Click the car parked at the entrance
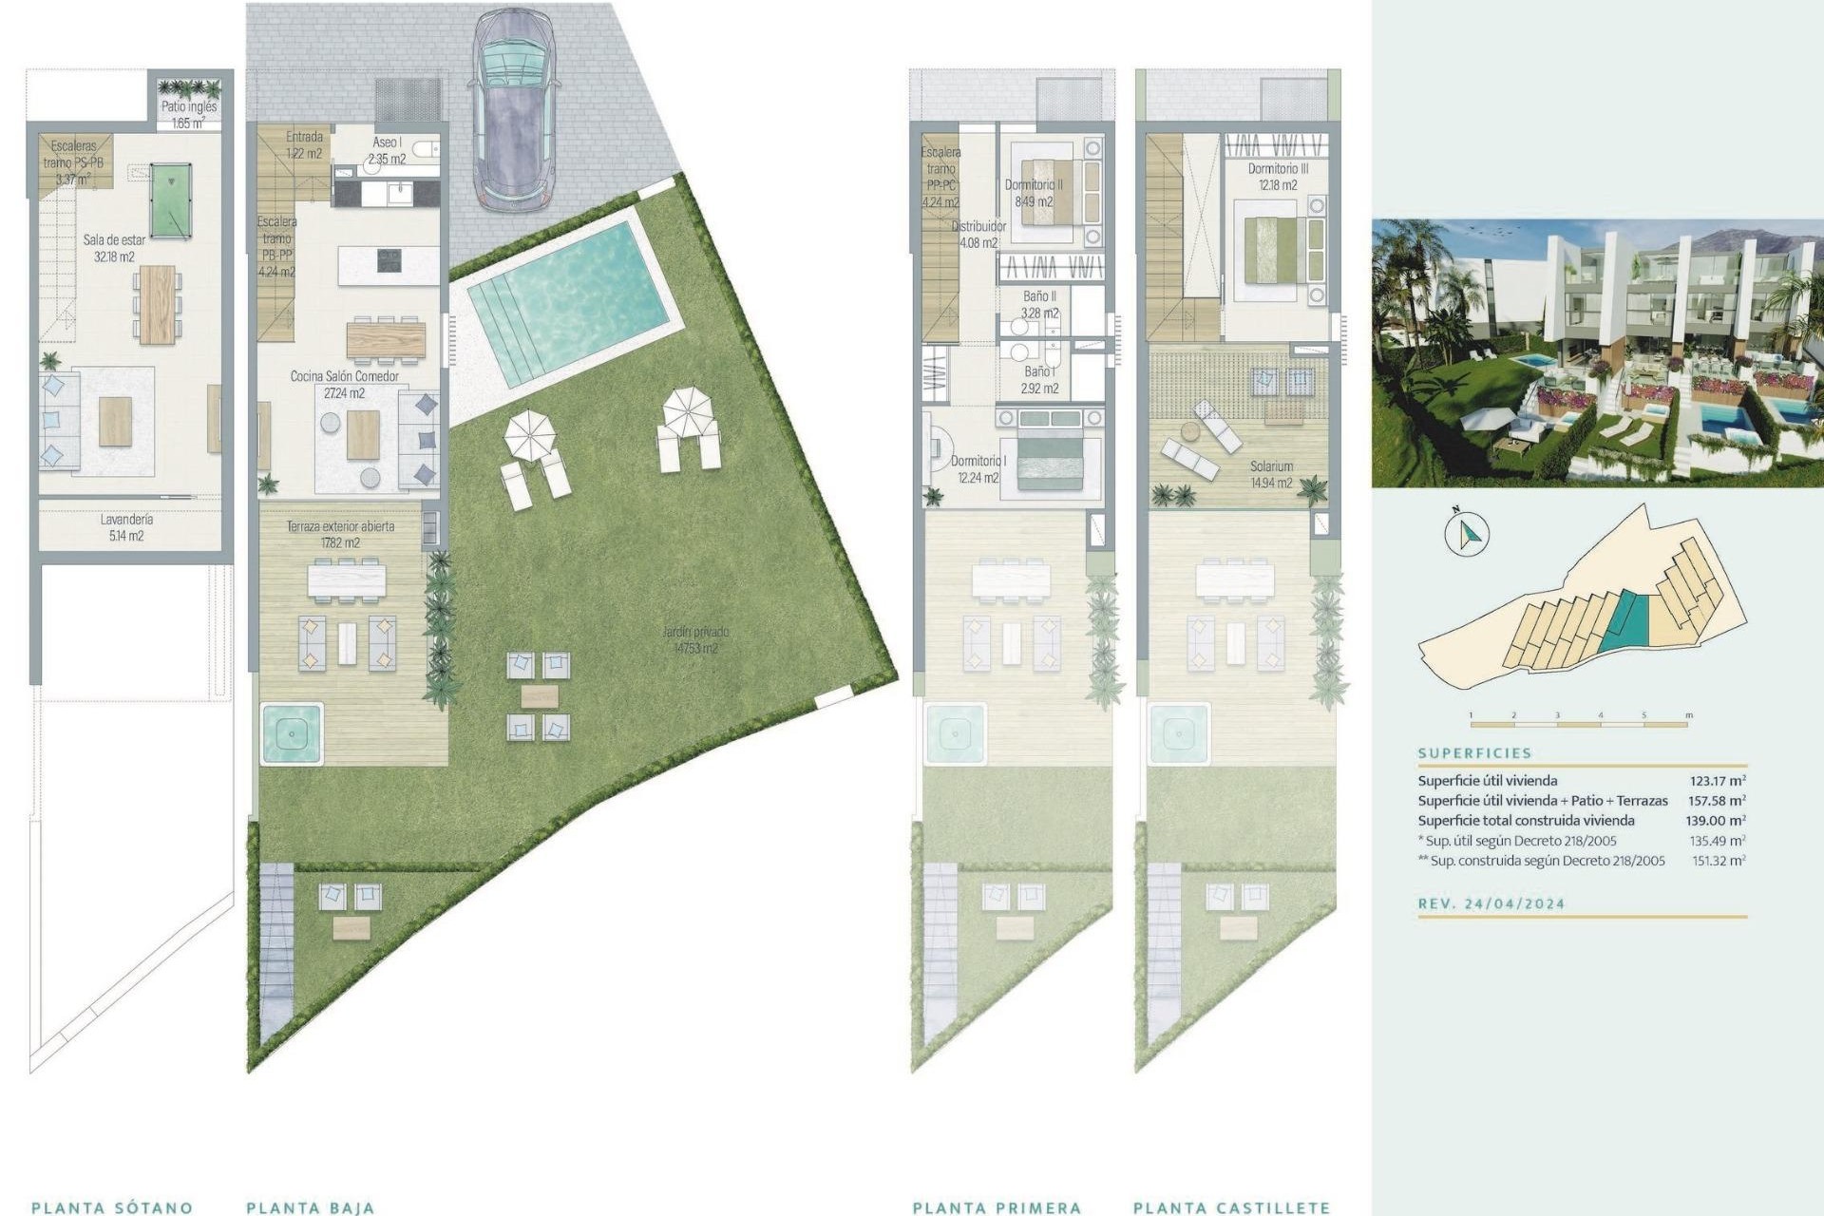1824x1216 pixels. tap(514, 109)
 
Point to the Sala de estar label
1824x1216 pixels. tap(114, 248)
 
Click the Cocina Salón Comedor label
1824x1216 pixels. tap(344, 384)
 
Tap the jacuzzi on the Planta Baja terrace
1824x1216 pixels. tap(291, 732)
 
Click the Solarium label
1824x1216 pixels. tap(1271, 474)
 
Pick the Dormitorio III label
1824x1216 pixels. tap(1278, 177)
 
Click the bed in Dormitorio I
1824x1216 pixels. tap(1050, 458)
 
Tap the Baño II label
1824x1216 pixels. tap(1039, 304)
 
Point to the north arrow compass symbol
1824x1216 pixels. tap(1466, 533)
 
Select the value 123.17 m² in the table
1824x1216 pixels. tap(1717, 781)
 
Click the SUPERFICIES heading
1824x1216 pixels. tap(1474, 752)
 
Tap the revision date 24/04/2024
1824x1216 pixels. tap(1514, 903)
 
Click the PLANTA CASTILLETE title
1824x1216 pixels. tap(1231, 1207)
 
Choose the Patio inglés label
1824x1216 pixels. tap(188, 115)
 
